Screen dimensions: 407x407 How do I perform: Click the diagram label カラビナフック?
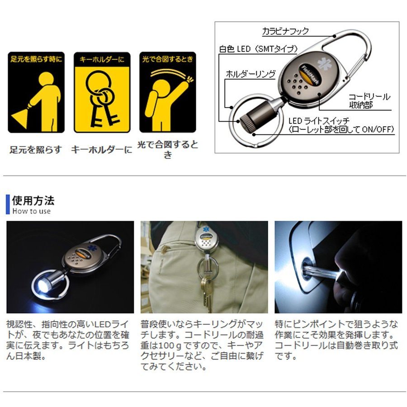tap(285, 31)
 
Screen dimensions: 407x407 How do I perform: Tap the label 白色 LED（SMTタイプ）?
tap(258, 49)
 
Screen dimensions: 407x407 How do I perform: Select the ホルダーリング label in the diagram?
tap(251, 74)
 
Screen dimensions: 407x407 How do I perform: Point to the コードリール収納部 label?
tap(369, 101)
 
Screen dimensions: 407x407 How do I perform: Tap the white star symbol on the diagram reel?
tap(325, 64)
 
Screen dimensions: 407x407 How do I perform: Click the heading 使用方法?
tap(33, 201)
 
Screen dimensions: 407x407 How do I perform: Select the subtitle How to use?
tap(31, 211)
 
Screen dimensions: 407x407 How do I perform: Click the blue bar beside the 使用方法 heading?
tap(8, 204)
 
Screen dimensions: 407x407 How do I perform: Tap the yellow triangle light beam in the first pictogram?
tap(19, 118)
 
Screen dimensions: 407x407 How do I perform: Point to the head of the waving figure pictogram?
tap(161, 88)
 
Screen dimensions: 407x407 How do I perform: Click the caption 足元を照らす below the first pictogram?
tap(36, 150)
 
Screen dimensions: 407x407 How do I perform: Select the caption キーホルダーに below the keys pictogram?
tap(101, 150)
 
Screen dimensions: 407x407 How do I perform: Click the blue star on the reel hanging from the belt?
tap(206, 229)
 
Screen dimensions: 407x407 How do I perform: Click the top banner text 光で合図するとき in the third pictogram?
tap(168, 59)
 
